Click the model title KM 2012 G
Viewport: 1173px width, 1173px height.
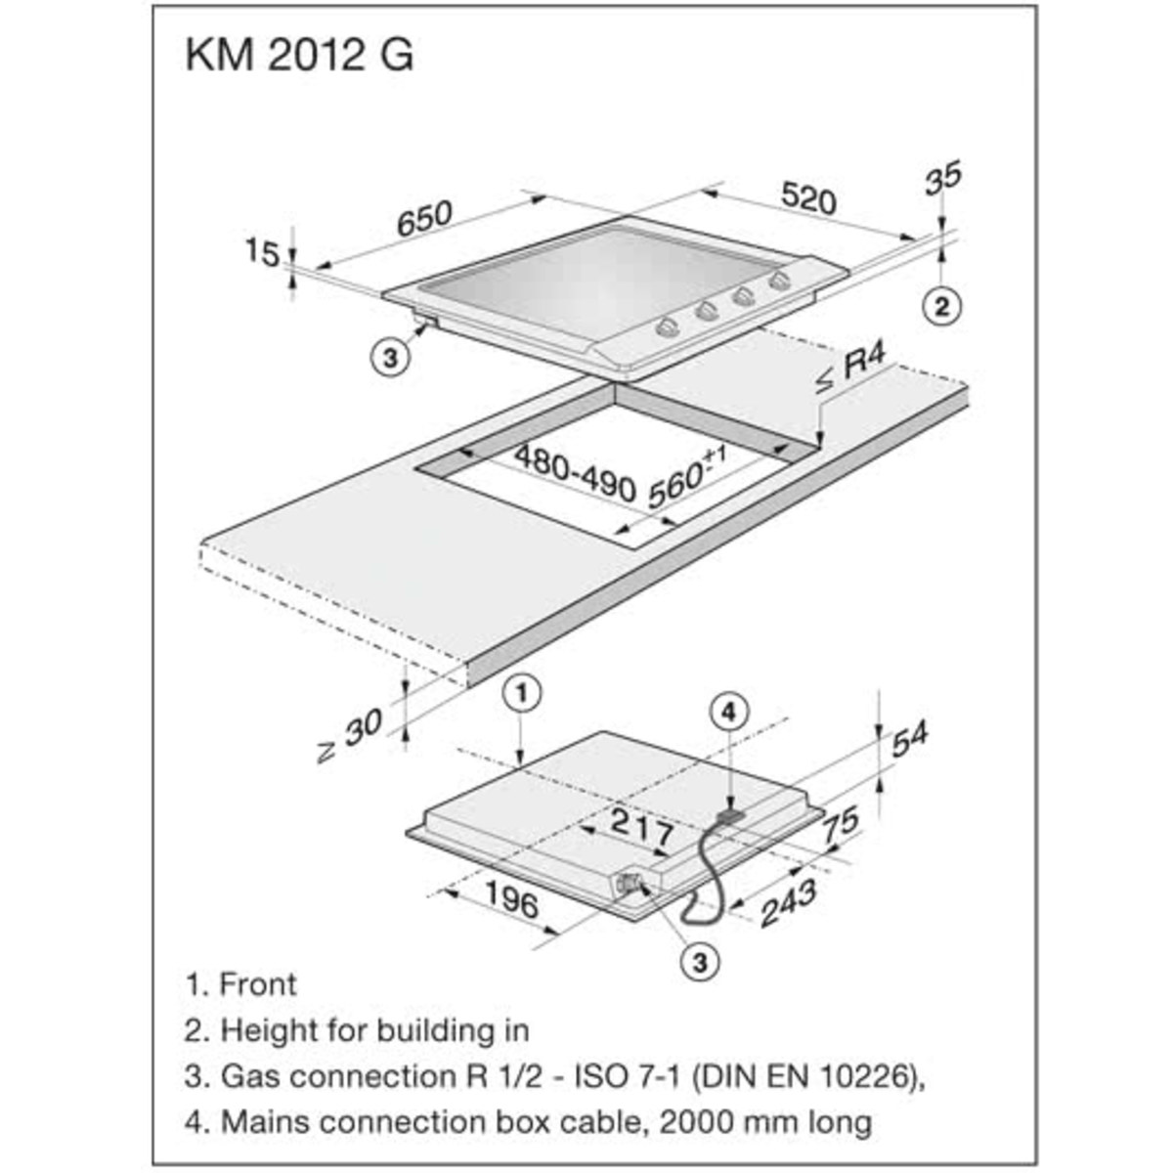299,56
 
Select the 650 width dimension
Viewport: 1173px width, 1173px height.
424,218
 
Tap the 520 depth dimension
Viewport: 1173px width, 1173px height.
808,197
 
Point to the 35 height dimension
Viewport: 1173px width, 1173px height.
942,178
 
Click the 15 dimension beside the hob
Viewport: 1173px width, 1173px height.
261,252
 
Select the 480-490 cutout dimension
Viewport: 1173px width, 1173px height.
575,473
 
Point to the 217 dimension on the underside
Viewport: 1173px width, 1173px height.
641,829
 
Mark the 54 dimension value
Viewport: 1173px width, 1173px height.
909,740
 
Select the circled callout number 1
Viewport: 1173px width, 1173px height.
522,694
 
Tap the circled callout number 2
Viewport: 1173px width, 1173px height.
941,306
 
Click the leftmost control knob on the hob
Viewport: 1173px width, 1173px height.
668,326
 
